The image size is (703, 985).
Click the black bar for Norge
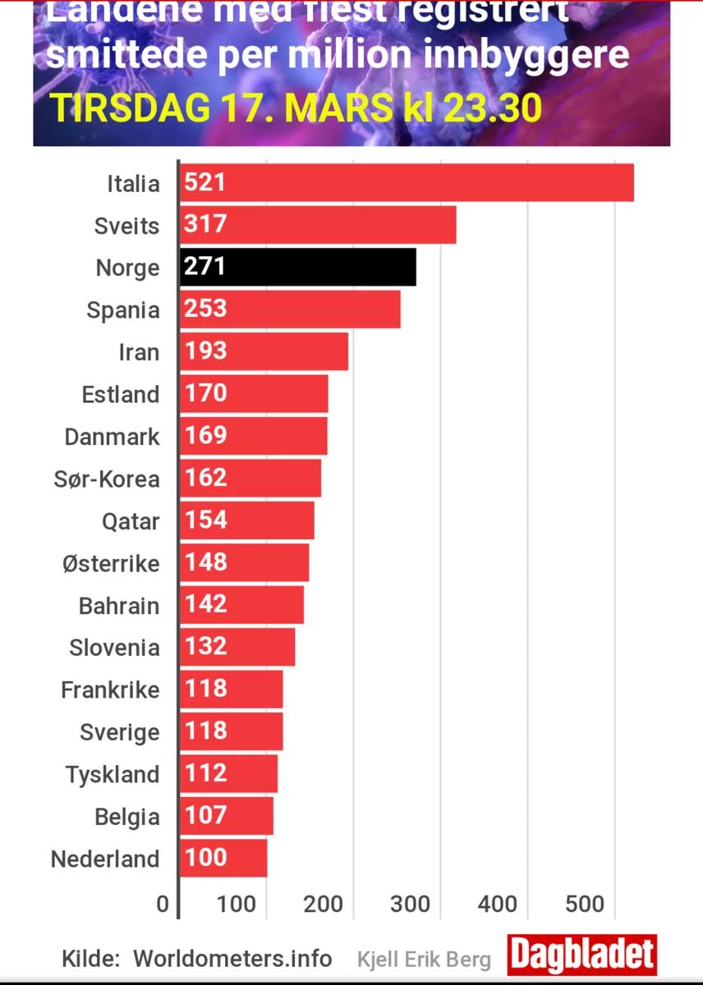coord(297,268)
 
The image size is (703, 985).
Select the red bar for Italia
coord(407,182)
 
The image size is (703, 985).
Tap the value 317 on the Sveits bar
coord(204,224)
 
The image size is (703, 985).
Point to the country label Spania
coord(123,310)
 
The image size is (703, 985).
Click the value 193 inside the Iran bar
coord(204,351)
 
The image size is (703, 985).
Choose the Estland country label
coord(121,395)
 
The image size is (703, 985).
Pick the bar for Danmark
coord(253,436)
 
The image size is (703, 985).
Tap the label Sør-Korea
coord(107,479)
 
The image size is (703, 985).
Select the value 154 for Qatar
coord(204,520)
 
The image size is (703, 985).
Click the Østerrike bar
coord(244,563)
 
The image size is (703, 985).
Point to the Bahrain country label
coord(119,606)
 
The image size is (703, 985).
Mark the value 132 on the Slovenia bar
coord(204,647)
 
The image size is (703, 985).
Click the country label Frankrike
coord(110,690)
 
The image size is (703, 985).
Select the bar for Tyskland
coord(228,774)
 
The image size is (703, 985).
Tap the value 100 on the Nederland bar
coord(204,858)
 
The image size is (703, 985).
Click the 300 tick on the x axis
coord(409,905)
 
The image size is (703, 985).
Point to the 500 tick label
coord(585,905)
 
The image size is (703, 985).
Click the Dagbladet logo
coord(581,955)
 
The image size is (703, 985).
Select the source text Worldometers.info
coord(232,959)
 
